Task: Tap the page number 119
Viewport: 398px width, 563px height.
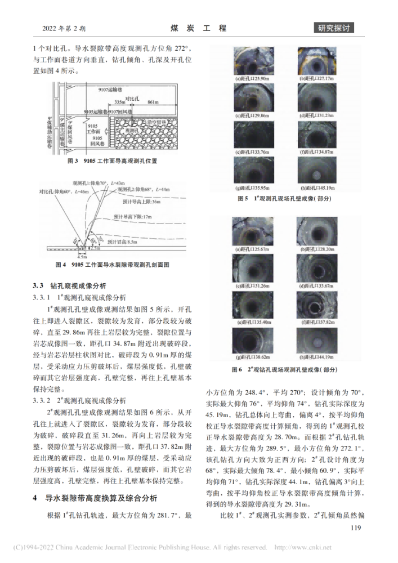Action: (355, 528)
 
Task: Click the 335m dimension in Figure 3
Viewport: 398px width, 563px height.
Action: (119, 102)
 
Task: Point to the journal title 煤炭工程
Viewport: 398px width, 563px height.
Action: (198, 28)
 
